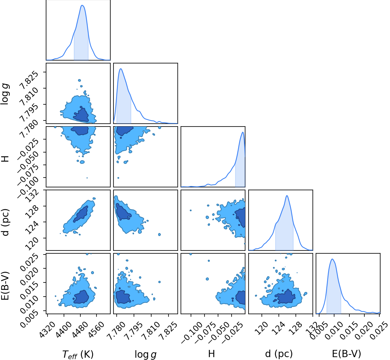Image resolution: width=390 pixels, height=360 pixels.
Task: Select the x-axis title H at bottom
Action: tap(211, 348)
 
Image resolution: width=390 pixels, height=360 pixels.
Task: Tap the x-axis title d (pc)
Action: tap(279, 348)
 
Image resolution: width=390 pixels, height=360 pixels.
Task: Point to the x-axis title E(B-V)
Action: tap(347, 348)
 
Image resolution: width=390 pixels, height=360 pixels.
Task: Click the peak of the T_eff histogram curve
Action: tap(82, 5)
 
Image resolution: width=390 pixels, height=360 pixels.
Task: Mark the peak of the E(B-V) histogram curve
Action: tap(332, 259)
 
